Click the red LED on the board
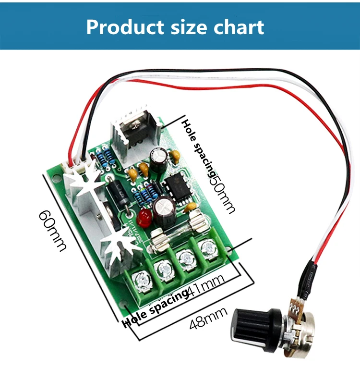pos(143,218)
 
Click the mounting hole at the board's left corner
pos(53,171)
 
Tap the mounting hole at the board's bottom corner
pos(126,307)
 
